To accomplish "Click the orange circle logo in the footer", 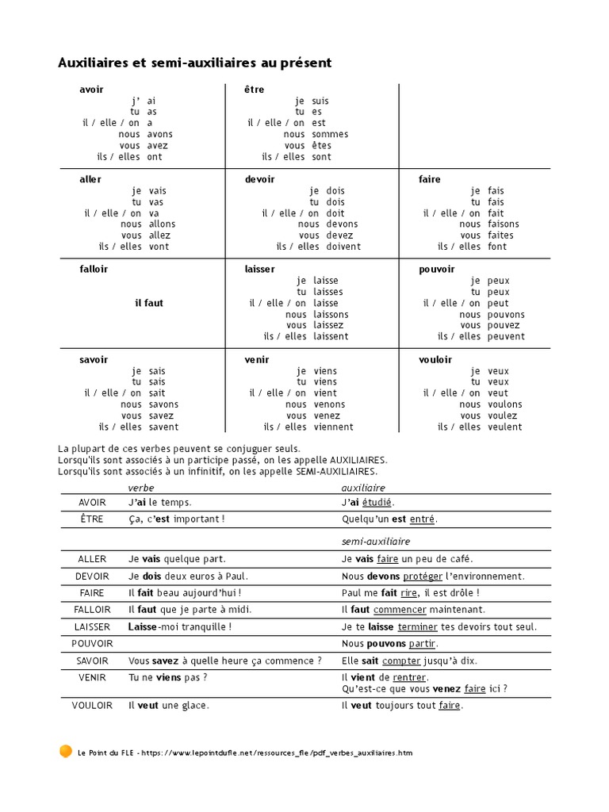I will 66,751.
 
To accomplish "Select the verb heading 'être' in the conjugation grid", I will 255,90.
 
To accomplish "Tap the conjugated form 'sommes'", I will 330,134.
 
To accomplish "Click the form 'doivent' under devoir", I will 343,247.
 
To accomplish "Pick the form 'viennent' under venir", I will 333,427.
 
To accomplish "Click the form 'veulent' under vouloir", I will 505,427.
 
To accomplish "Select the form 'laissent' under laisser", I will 331,336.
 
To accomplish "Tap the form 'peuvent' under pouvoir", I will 506,336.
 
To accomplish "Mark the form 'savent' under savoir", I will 163,427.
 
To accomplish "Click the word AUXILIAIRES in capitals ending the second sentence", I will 353,460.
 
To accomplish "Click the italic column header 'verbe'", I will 141,488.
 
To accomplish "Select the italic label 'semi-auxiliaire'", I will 376,541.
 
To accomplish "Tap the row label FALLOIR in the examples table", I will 92,610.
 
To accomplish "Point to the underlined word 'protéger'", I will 423,576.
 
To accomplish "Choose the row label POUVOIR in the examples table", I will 92,643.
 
